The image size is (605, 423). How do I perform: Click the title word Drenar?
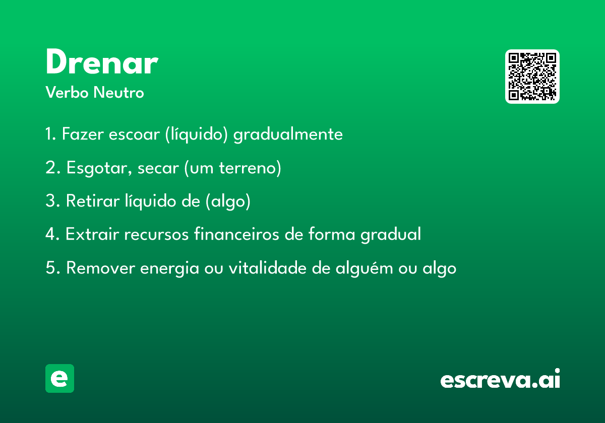click(102, 61)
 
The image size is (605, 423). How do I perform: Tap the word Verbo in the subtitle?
click(67, 93)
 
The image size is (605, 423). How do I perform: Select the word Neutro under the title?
click(118, 93)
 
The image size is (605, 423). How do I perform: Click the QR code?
click(532, 77)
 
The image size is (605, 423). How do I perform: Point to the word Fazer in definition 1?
click(83, 134)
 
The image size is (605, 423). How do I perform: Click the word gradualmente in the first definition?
click(288, 134)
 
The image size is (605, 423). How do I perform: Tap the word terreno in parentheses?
click(248, 168)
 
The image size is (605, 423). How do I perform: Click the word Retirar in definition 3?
click(93, 201)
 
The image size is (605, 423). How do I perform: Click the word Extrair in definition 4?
click(92, 234)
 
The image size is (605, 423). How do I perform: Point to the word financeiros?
click(236, 234)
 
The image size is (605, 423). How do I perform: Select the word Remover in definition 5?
click(100, 268)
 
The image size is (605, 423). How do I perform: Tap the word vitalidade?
click(267, 267)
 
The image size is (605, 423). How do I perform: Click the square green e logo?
click(59, 378)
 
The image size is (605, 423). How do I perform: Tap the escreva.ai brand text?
click(500, 378)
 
